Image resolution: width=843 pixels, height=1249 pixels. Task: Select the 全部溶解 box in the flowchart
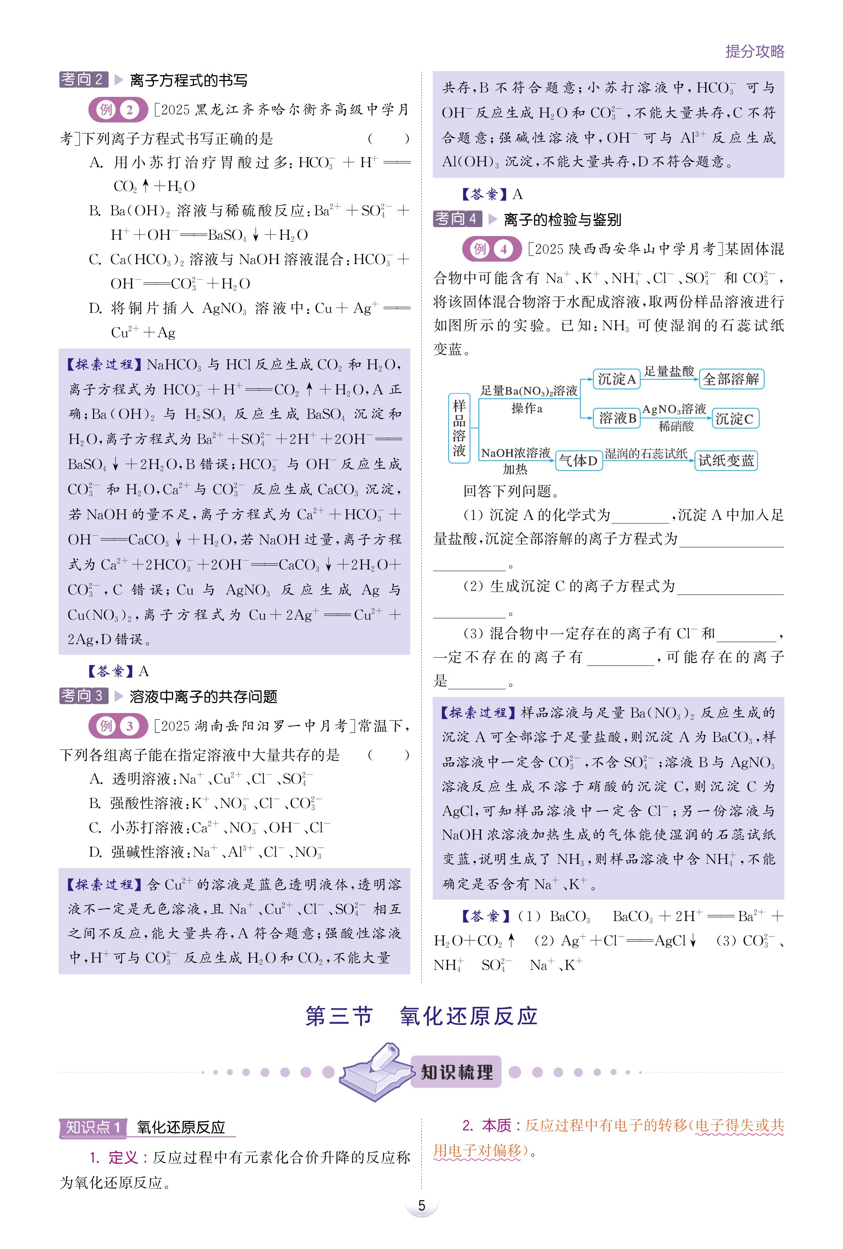coord(731,379)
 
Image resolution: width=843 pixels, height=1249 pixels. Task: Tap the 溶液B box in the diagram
coord(617,418)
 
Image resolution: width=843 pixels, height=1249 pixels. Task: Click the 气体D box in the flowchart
coord(578,460)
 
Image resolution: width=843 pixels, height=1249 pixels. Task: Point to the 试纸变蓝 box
coord(726,460)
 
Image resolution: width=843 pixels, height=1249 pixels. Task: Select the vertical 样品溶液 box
coord(459,428)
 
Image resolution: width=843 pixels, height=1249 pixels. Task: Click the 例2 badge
coord(118,110)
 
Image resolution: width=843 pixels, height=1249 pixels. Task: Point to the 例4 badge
coord(491,249)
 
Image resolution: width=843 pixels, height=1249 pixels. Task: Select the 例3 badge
coord(118,726)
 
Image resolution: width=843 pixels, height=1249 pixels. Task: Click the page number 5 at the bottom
coord(421,1205)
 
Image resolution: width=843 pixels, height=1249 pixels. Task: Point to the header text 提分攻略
coord(755,51)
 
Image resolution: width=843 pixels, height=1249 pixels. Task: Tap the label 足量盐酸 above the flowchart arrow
coord(669,371)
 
